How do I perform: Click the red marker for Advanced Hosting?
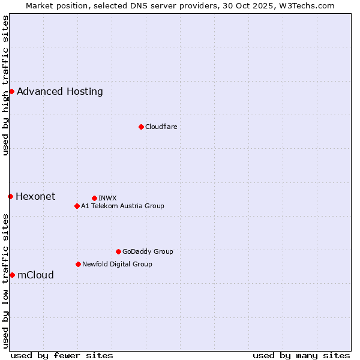(11, 91)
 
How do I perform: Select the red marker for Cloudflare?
(141, 127)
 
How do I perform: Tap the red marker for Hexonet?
(10, 196)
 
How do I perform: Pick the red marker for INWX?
(94, 198)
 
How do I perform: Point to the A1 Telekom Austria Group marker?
(77, 206)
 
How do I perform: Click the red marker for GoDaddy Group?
(118, 251)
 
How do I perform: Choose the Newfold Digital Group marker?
(78, 264)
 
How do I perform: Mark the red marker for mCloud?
(12, 275)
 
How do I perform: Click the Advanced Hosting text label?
(60, 92)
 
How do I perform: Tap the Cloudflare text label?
(161, 127)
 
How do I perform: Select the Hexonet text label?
(35, 197)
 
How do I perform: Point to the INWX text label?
(107, 198)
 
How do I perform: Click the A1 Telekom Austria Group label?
(122, 206)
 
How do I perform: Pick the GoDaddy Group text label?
(148, 251)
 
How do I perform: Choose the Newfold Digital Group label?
(117, 264)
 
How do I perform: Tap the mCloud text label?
(35, 275)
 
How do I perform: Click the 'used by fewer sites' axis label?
(62, 355)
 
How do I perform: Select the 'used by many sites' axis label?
(301, 355)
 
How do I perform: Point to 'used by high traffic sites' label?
(5, 85)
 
